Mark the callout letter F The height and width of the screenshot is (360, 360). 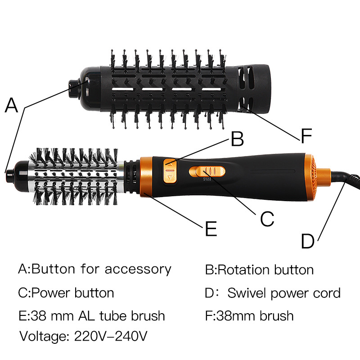[306, 135]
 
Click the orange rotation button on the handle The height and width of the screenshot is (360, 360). [170, 171]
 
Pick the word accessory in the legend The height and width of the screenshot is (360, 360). [138, 269]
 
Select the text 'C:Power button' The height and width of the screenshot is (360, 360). [66, 293]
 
